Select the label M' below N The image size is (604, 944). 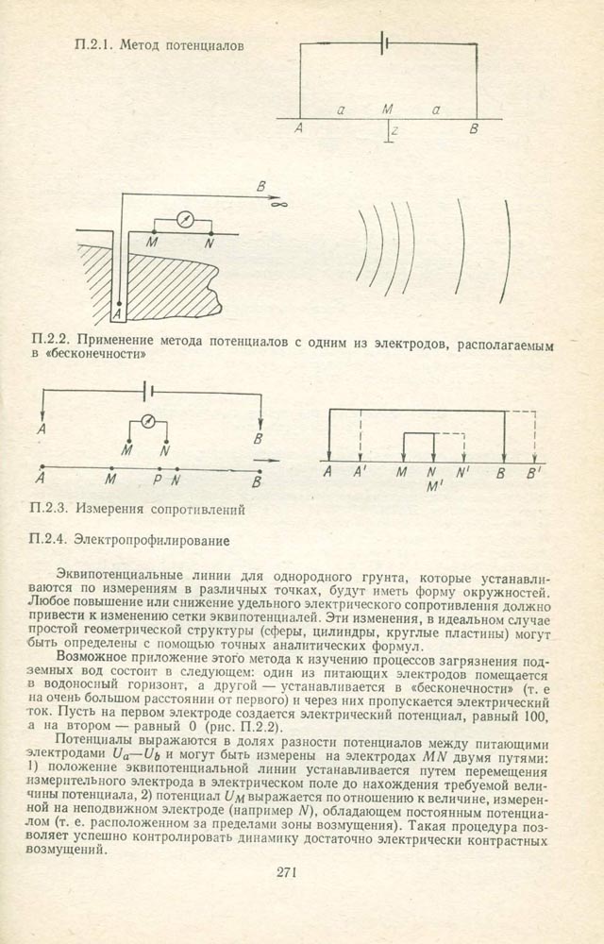[x=435, y=488]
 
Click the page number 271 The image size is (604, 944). [x=289, y=870]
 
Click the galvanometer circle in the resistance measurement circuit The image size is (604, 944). [x=147, y=421]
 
